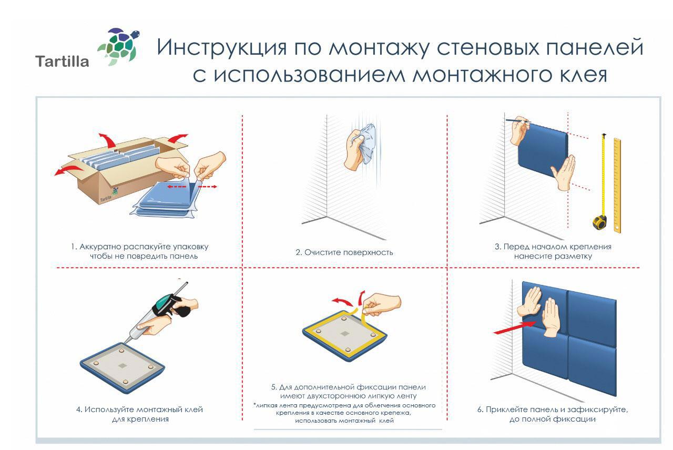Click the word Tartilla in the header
pos(62,62)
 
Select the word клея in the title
pos(577,75)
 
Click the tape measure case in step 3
pos(600,221)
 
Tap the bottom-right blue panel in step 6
pos(593,363)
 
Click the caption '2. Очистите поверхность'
pos(344,252)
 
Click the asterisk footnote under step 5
pos(344,413)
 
